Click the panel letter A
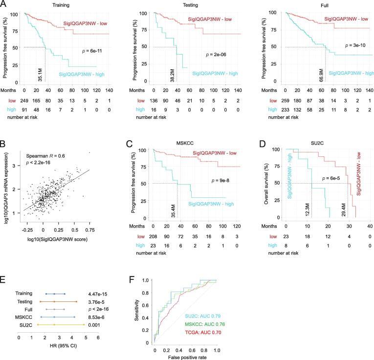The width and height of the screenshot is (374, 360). click(x=4, y=4)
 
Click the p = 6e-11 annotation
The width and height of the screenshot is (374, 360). click(x=92, y=50)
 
